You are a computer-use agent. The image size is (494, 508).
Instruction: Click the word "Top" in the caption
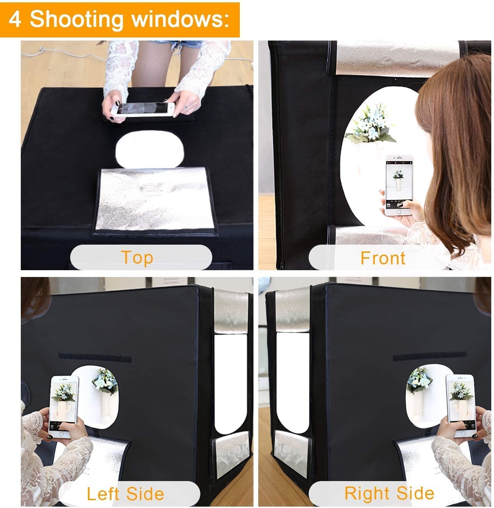137,258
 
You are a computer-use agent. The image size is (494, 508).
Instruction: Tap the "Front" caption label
383,258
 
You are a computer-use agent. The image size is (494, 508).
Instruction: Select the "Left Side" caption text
125,494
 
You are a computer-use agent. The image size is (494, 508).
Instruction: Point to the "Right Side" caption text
389,493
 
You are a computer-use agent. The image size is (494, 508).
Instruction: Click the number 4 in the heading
15,19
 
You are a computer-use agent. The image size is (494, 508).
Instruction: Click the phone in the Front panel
399,186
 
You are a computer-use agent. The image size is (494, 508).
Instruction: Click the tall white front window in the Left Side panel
231,383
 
